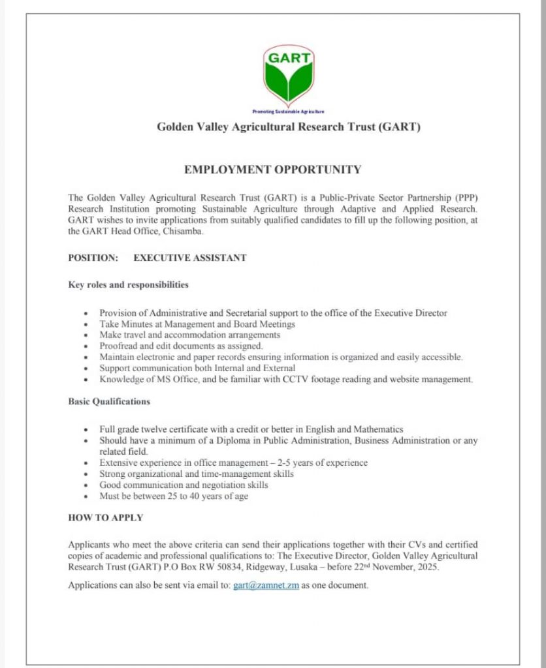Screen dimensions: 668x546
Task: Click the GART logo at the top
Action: click(288, 76)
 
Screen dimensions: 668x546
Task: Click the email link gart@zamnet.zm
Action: click(266, 585)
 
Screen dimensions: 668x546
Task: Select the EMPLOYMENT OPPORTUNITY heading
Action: click(272, 170)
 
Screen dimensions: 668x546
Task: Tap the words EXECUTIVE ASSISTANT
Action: click(190, 258)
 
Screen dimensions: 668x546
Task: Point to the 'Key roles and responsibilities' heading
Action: click(129, 285)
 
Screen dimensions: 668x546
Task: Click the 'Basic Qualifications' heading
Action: click(109, 401)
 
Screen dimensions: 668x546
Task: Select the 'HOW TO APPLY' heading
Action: click(106, 518)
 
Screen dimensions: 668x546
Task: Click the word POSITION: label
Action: click(93, 258)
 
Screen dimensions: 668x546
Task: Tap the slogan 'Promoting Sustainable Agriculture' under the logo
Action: click(288, 112)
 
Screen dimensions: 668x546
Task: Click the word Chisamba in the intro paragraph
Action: click(186, 232)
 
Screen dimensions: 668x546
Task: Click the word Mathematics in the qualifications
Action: click(378, 429)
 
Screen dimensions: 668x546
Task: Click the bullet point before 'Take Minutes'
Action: click(86, 324)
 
